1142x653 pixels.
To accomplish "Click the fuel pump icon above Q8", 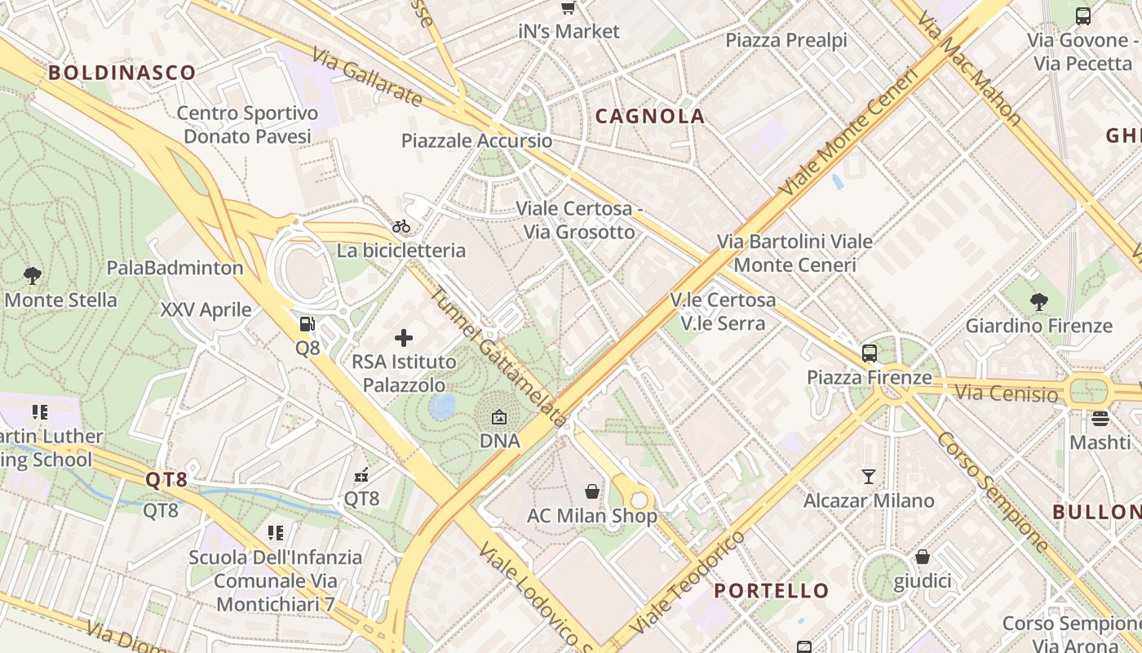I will [307, 324].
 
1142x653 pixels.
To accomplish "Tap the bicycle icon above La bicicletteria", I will [401, 226].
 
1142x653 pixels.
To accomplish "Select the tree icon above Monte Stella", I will [33, 275].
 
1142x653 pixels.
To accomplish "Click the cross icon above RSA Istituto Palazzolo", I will [404, 337].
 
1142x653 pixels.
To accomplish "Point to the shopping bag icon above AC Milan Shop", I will [592, 491].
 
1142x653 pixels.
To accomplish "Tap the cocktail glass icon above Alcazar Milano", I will [869, 476].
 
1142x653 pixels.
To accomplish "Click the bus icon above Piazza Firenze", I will [870, 353].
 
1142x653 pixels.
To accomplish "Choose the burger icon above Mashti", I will [1100, 419].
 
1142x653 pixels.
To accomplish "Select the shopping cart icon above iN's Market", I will [569, 7].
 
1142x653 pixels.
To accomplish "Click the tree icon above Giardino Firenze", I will [1038, 301].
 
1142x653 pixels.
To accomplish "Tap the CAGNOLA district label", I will [650, 116].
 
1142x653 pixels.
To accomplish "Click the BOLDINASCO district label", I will [122, 73].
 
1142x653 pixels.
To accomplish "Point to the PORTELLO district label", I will [772, 590].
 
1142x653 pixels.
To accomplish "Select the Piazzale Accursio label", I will [477, 141].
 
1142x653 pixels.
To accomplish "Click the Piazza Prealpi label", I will [786, 40].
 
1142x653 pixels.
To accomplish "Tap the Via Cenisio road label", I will [1006, 394].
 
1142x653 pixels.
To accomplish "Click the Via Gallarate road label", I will [368, 76].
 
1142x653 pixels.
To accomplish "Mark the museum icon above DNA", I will [499, 418].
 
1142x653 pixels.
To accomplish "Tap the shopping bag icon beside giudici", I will [923, 557].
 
